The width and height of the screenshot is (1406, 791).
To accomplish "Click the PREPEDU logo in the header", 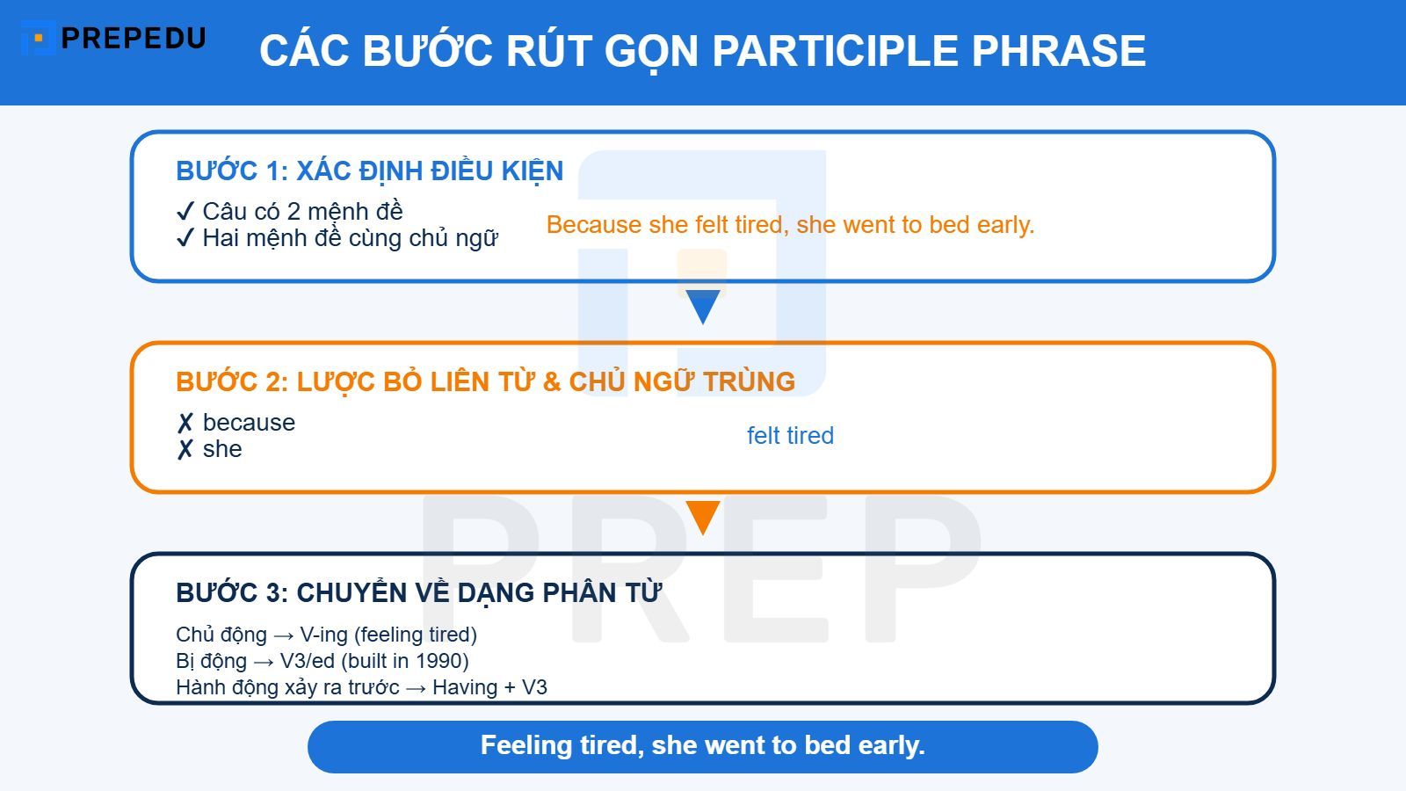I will (114, 39).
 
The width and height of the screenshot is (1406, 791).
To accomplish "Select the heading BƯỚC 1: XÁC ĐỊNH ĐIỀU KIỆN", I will (369, 171).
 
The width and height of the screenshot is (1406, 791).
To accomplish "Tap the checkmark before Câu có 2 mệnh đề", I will (185, 212).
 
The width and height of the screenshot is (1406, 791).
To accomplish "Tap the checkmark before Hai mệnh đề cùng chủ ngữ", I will (185, 238).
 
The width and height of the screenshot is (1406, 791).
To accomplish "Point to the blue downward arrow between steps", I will (703, 307).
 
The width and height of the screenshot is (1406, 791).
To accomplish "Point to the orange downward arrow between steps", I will (703, 518).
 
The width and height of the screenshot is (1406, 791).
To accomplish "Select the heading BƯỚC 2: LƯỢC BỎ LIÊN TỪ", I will (485, 381).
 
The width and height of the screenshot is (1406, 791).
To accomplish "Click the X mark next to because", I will (185, 424).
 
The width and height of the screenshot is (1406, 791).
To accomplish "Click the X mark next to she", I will (185, 450).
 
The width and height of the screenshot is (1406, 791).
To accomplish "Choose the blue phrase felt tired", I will (790, 436).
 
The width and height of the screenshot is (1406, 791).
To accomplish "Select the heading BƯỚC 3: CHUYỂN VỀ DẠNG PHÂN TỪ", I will (418, 592).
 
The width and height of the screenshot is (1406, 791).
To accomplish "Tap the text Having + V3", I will (489, 687).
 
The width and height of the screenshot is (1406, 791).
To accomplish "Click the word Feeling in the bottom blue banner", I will (526, 745).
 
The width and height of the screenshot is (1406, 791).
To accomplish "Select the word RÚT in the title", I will (547, 51).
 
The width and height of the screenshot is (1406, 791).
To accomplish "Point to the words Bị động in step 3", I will (211, 661).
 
